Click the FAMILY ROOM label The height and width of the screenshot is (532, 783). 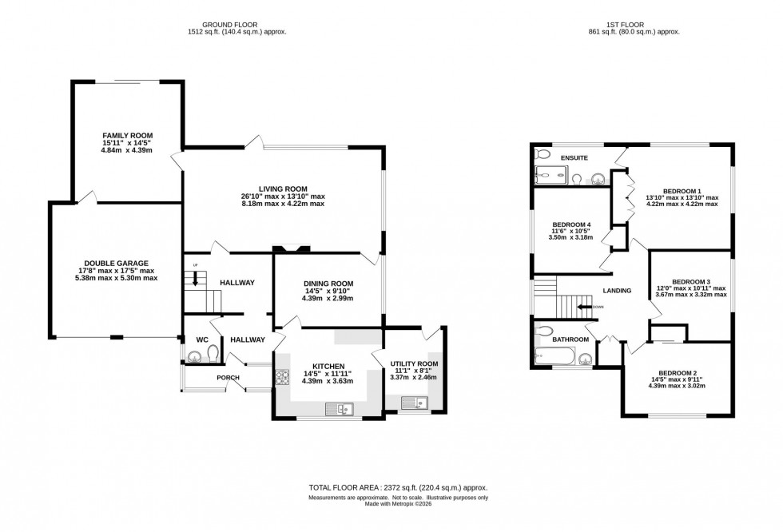point(127,136)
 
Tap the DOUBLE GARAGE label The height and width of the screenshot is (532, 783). point(118,263)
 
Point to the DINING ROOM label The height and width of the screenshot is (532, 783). point(328,284)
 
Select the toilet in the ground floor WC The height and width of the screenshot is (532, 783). point(213,352)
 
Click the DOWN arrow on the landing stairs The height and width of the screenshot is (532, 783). point(586,306)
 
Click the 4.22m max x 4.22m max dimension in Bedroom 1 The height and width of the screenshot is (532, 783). point(682,204)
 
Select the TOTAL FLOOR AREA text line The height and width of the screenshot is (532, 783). point(398,487)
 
